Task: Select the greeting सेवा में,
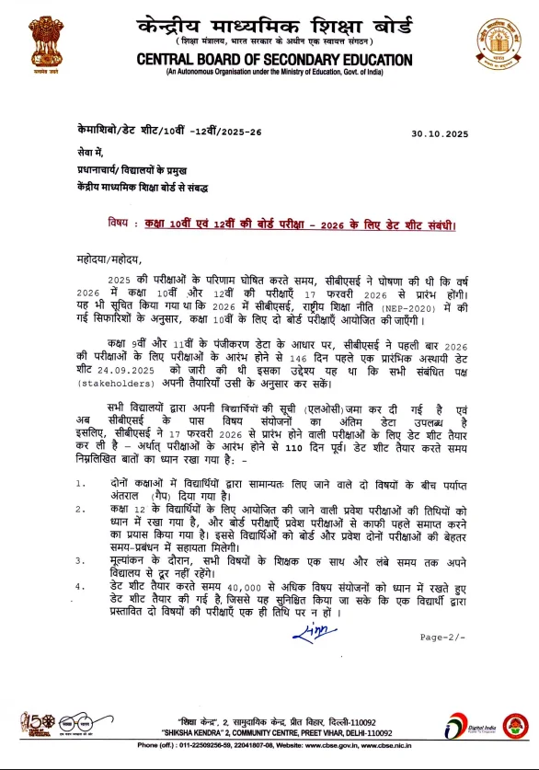90,151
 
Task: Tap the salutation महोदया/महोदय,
110,261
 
